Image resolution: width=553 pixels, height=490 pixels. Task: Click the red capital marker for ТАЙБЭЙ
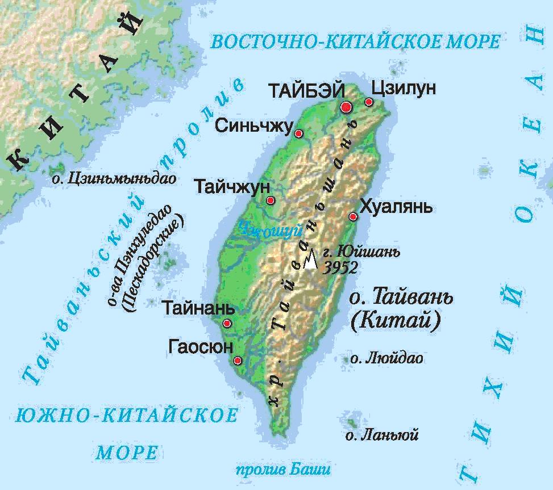346,107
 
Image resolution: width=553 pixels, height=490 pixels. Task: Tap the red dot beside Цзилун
369,102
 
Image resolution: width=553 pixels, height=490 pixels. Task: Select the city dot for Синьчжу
298,133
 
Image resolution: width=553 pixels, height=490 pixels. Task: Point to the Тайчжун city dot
271,200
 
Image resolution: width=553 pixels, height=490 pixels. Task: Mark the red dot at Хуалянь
353,216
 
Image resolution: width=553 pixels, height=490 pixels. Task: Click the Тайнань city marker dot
227,324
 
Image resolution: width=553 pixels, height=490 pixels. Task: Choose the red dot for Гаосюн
238,361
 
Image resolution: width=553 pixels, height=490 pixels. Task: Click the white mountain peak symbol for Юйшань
310,260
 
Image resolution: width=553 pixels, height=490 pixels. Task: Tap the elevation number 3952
340,268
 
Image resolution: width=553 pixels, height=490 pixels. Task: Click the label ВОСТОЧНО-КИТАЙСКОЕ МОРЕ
355,41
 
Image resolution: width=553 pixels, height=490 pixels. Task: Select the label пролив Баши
282,470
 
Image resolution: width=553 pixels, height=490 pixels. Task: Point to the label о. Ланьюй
382,436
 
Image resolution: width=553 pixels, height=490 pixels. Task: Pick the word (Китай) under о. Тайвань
397,322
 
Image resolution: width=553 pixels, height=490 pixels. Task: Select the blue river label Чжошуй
261,230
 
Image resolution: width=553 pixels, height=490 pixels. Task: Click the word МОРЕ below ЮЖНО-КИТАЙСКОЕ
126,453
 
